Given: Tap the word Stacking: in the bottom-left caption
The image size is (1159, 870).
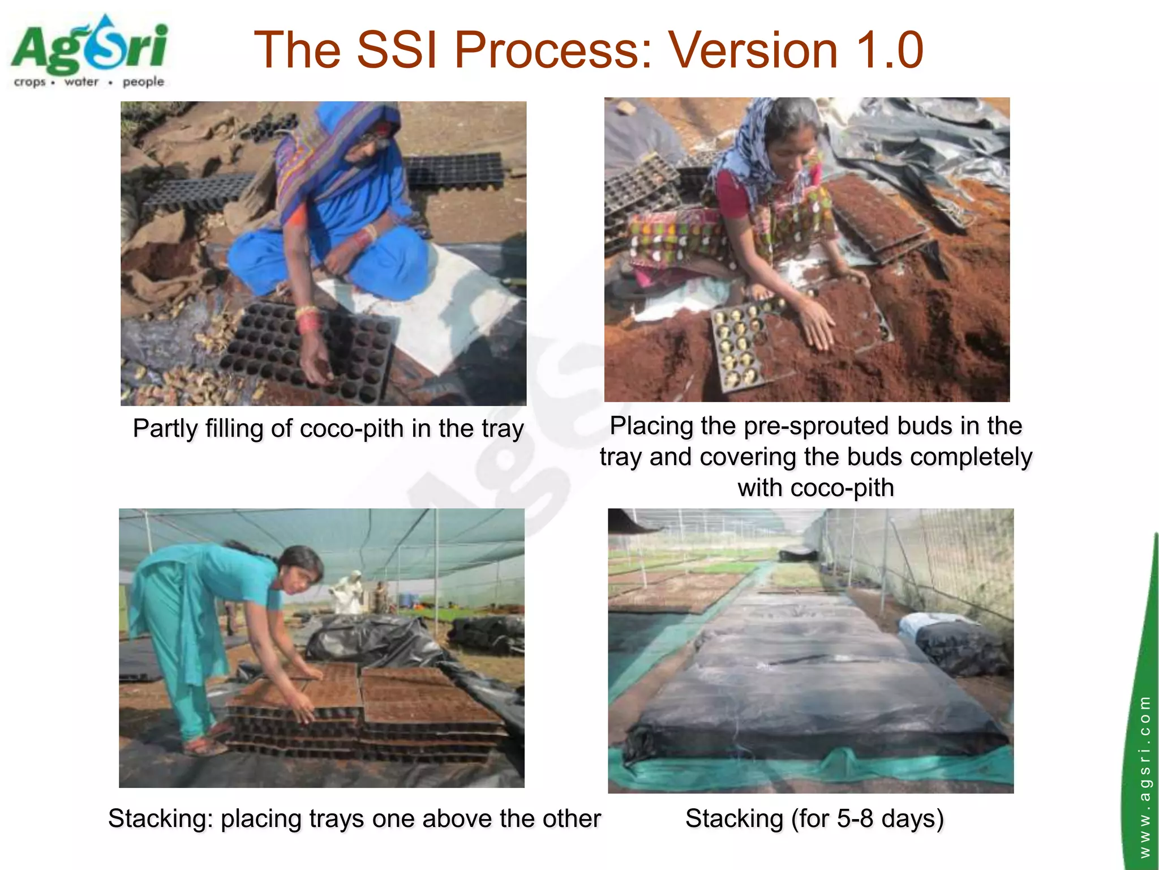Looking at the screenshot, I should click(160, 819).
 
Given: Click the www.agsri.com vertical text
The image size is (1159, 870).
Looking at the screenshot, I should click(1144, 776).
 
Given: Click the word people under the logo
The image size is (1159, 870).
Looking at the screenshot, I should click(143, 82).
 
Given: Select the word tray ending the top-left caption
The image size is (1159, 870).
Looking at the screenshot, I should click(501, 429).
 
